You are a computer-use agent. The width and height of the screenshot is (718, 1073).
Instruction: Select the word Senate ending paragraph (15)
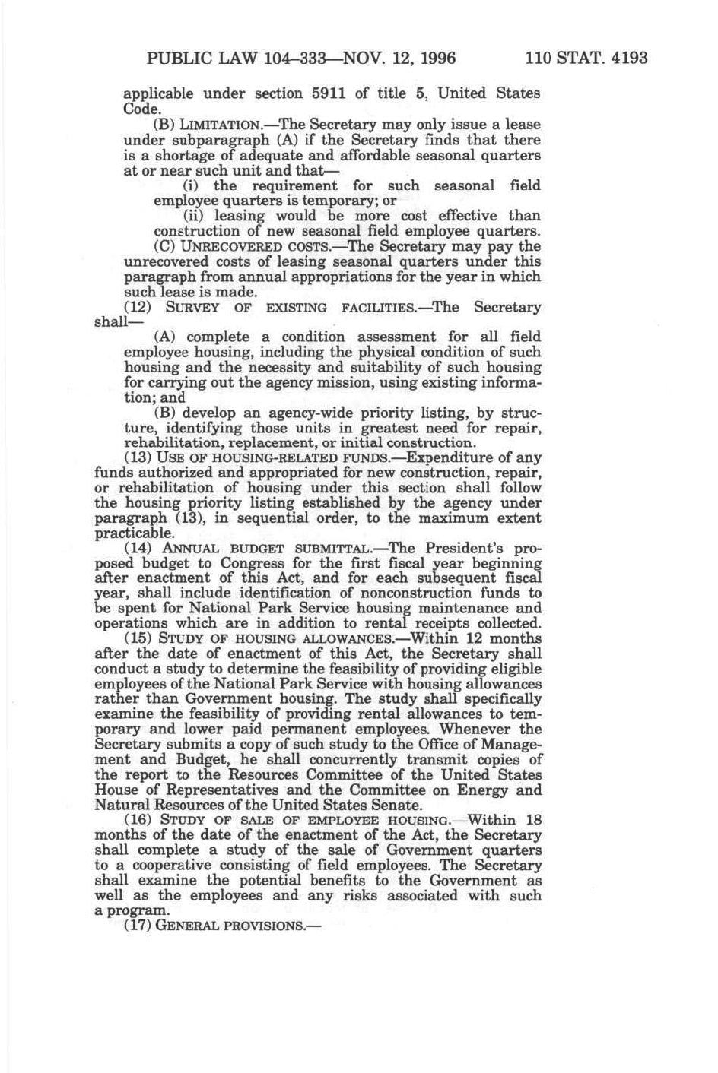coord(396,805)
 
